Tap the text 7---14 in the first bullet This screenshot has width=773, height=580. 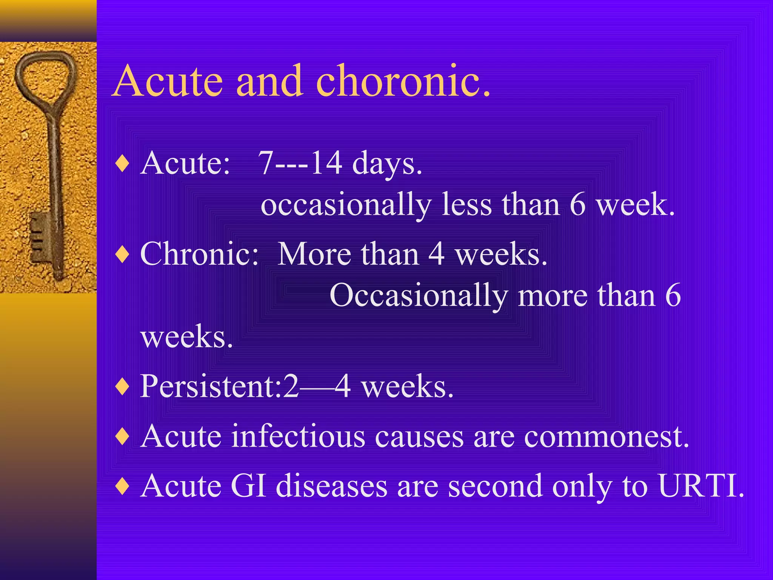pyautogui.click(x=300, y=163)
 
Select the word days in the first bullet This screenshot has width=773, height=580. pyautogui.click(x=387, y=164)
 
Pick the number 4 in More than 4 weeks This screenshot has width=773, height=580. pyautogui.click(x=436, y=254)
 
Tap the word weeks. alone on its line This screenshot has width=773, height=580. pyautogui.click(x=186, y=337)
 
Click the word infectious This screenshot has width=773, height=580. pyautogui.click(x=298, y=436)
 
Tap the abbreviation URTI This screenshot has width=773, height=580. pyautogui.click(x=701, y=486)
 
